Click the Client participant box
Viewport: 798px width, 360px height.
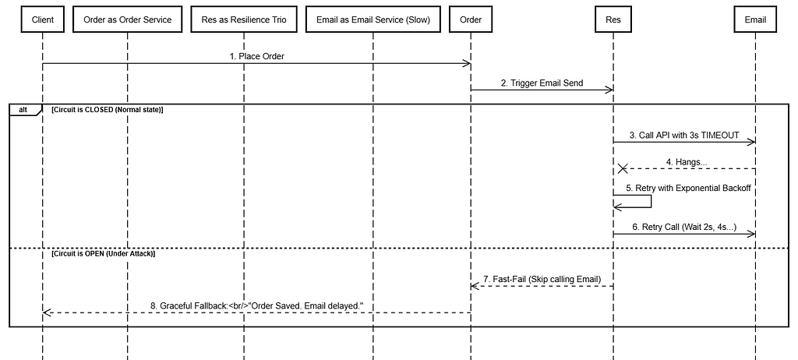[43, 19]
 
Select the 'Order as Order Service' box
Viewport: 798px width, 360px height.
[127, 19]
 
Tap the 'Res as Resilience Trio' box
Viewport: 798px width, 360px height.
[244, 19]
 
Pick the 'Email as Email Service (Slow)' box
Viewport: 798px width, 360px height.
[373, 19]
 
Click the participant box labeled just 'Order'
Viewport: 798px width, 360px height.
[471, 19]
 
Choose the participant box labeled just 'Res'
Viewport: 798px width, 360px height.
[613, 19]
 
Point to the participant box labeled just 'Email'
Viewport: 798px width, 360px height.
[755, 19]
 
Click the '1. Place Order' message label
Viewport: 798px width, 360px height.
[256, 57]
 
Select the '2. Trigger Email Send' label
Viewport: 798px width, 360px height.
[542, 83]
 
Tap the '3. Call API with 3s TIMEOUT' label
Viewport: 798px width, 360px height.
[684, 136]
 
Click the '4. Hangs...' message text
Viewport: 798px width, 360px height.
[687, 162]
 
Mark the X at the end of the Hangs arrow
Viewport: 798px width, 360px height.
[622, 168]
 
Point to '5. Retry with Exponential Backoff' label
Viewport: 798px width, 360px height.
[688, 188]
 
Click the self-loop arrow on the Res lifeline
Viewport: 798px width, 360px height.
[651, 201]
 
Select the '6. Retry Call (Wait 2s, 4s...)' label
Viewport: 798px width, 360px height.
[684, 227]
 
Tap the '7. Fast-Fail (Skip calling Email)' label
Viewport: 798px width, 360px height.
[542, 279]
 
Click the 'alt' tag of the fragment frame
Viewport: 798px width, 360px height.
[23, 109]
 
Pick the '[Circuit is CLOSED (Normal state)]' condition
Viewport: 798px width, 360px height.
[107, 109]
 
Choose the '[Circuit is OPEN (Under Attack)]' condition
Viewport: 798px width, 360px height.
[104, 253]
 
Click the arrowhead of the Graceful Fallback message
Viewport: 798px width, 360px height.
[47, 312]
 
